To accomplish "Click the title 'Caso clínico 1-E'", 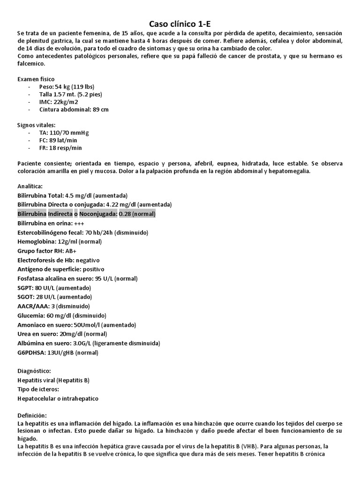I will click(180, 23).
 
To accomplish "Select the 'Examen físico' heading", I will click(36, 79).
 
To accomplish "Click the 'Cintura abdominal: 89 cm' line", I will click(74, 109).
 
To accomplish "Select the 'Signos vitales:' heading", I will click(36, 125).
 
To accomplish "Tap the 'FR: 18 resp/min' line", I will click(60, 148).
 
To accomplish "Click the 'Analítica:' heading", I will click(30, 186).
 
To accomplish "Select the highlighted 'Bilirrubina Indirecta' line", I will click(86, 214).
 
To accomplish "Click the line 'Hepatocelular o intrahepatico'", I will click(58, 398).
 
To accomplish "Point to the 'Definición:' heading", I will click(32, 415).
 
